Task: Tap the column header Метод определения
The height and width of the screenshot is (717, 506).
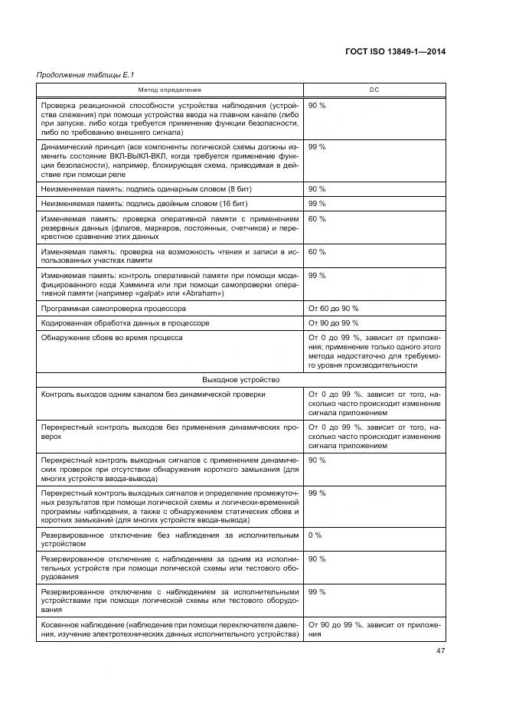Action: point(170,90)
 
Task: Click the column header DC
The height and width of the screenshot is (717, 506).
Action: point(374,90)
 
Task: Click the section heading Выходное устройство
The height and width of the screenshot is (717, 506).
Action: point(240,379)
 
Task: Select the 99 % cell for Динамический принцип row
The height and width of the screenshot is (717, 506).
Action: point(317,146)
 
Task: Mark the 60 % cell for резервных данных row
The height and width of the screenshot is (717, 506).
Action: point(317,218)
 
